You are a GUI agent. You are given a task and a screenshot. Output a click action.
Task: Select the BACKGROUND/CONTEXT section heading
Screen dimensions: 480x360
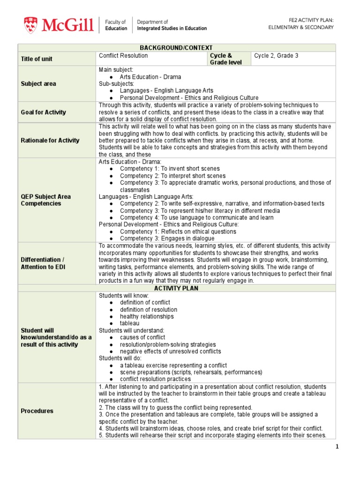pos(176,48)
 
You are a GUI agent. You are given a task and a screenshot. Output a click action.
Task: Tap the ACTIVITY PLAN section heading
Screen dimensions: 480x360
pos(176,288)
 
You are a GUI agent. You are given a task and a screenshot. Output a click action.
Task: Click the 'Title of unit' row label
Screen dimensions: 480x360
pos(37,59)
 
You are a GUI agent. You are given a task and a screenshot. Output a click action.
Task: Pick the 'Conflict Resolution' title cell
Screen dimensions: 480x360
pos(123,56)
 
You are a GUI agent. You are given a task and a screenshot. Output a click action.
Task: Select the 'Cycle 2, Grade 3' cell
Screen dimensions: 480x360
pos(276,56)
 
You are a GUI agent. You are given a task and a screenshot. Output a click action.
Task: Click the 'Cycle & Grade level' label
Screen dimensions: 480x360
pos(221,59)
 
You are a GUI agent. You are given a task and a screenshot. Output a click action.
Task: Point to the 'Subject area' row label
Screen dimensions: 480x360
pos(38,84)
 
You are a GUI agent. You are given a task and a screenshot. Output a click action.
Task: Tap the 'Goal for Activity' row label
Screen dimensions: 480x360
pos(43,112)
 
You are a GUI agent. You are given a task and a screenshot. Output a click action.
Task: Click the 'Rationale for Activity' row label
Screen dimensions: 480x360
pos(50,140)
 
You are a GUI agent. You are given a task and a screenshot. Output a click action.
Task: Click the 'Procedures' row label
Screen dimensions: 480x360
pos(37,411)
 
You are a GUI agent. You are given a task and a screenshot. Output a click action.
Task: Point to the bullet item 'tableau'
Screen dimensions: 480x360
pos(129,323)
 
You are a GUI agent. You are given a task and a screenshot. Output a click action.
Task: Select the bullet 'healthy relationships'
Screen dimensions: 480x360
pos(147,316)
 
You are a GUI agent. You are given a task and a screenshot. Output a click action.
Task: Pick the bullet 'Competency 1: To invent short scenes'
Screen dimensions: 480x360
pos(166,169)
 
